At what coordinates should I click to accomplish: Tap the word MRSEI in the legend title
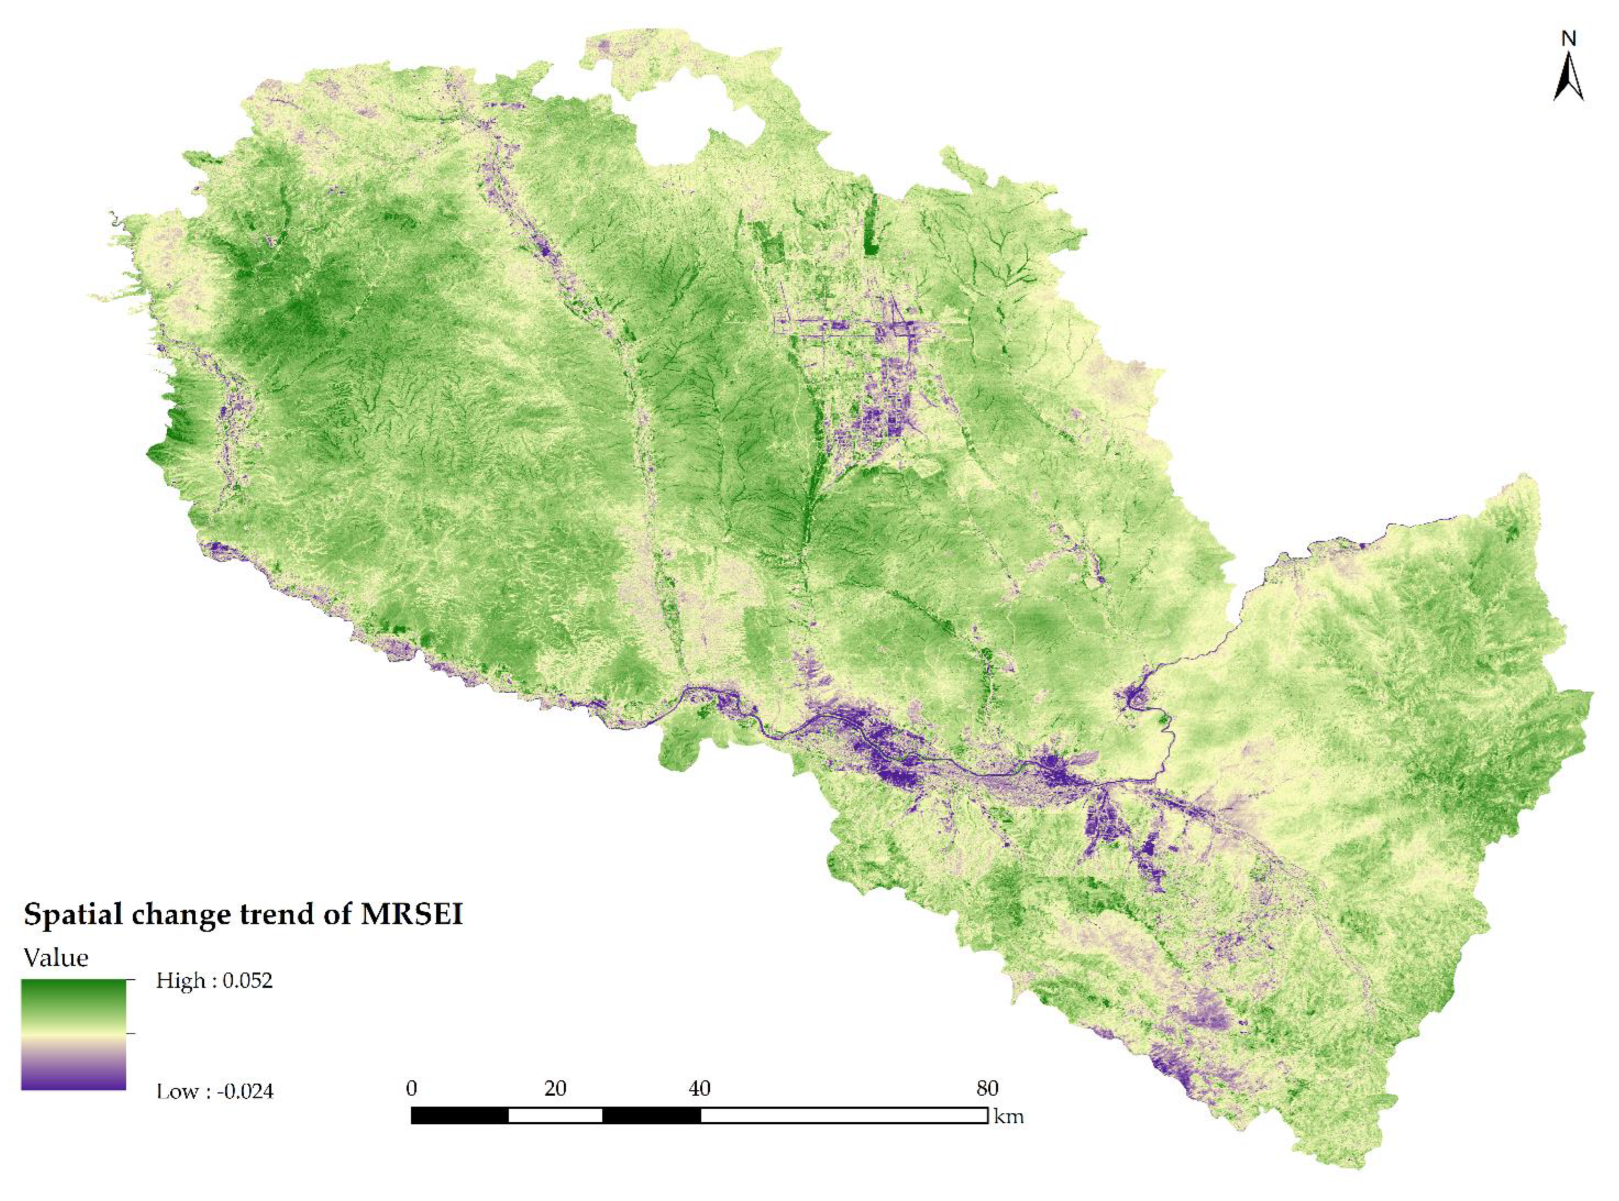(412, 914)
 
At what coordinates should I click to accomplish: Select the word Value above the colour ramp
(56, 958)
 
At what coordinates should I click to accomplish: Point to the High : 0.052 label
(215, 981)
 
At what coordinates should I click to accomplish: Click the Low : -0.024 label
(215, 1091)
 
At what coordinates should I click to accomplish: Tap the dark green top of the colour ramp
(74, 989)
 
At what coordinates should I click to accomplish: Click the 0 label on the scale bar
(412, 1088)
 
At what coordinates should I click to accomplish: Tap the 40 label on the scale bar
(699, 1088)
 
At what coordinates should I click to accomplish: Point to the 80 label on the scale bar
(987, 1088)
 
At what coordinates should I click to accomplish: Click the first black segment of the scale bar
(459, 1115)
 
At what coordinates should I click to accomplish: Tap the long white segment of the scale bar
(843, 1115)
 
